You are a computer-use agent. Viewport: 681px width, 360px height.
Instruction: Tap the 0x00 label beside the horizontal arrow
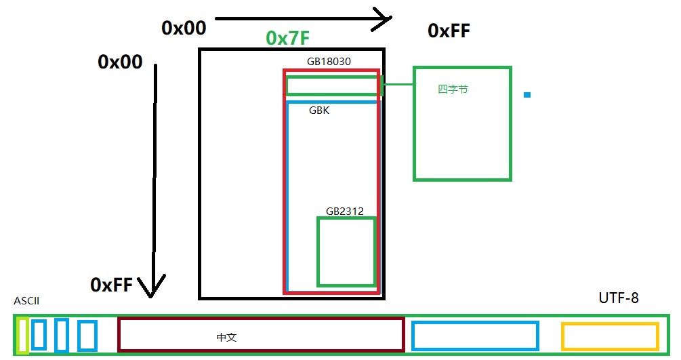click(x=183, y=28)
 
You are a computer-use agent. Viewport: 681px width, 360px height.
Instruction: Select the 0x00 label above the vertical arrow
click(x=120, y=62)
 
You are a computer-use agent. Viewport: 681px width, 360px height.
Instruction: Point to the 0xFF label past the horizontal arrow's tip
click(x=449, y=31)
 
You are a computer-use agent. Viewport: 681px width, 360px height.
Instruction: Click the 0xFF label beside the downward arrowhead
click(x=111, y=285)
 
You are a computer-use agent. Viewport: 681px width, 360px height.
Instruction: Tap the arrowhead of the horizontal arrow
click(x=384, y=18)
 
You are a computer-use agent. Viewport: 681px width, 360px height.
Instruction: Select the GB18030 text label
click(x=329, y=62)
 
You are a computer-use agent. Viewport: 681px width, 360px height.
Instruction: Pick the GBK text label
click(x=319, y=110)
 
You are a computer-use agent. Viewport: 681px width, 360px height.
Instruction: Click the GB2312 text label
click(x=344, y=212)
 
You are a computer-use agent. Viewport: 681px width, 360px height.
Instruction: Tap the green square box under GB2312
click(x=346, y=252)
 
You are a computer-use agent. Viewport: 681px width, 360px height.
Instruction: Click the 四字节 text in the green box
click(x=453, y=89)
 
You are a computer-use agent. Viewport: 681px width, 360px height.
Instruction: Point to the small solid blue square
click(x=527, y=95)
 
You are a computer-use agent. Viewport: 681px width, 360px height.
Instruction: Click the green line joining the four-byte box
click(x=398, y=84)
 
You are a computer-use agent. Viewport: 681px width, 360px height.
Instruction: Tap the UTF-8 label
click(x=618, y=298)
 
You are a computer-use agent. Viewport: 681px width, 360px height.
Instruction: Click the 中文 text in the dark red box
click(x=226, y=337)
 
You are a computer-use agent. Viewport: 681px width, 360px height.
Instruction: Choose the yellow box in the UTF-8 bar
click(x=610, y=336)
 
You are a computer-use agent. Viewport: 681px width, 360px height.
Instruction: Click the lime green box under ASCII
click(x=22, y=335)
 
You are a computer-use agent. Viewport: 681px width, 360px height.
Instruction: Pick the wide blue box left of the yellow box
click(x=474, y=336)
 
